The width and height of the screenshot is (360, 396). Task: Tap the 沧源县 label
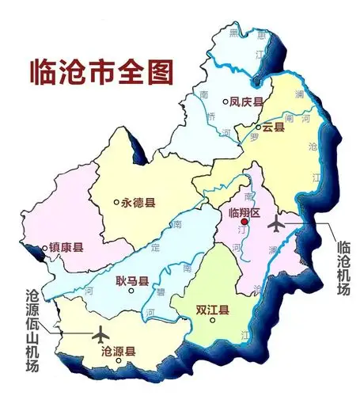[119, 349]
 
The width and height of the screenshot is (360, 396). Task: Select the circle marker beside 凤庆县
[225, 101]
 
